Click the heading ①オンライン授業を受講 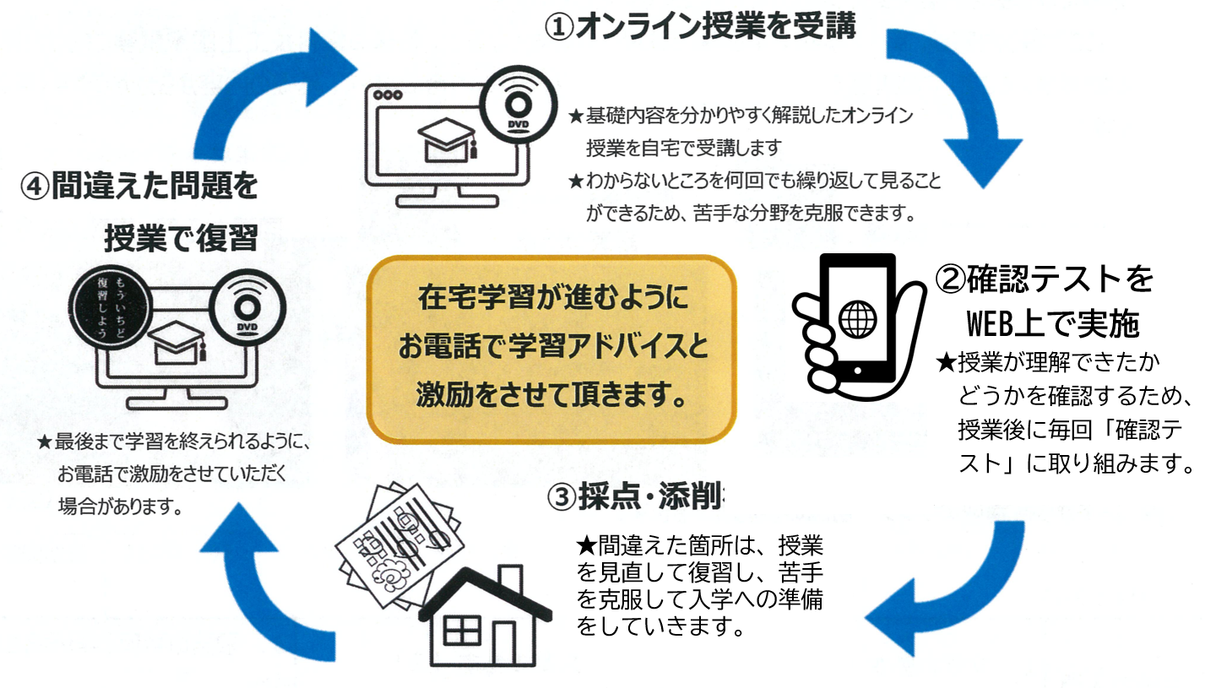click(x=699, y=26)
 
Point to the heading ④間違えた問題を click(x=139, y=186)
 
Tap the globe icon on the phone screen click(x=857, y=319)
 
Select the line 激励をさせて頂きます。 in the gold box click(x=551, y=394)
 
